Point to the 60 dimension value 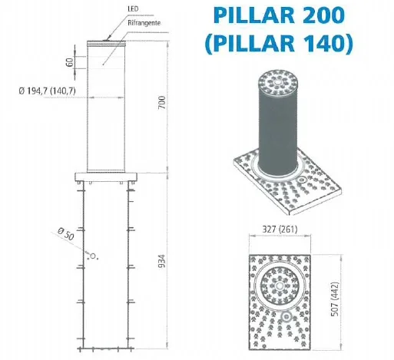point(70,61)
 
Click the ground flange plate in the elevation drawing point(106,178)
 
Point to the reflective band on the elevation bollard point(106,61)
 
